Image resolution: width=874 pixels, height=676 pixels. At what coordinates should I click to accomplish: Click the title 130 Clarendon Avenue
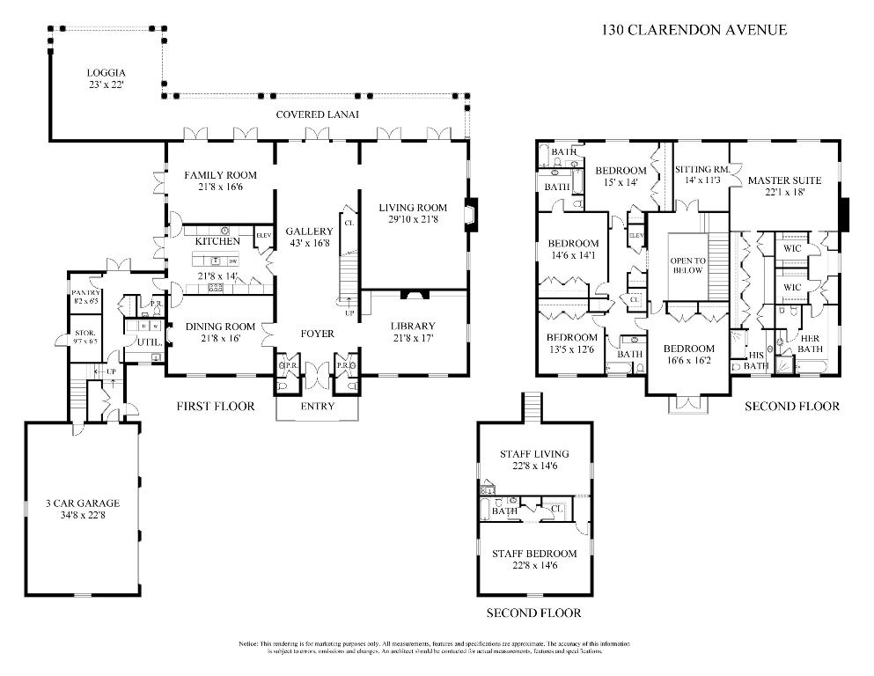(x=694, y=29)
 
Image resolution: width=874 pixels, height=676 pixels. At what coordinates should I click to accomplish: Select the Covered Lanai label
(x=317, y=114)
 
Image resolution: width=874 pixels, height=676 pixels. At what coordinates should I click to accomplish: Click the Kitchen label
(x=217, y=241)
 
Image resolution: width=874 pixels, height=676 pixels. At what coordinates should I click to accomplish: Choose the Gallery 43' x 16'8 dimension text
(x=309, y=245)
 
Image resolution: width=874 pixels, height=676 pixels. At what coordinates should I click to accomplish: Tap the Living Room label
(x=414, y=208)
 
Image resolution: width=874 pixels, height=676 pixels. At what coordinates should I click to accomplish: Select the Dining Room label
(x=220, y=326)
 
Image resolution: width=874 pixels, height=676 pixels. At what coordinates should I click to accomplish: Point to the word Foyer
(x=317, y=334)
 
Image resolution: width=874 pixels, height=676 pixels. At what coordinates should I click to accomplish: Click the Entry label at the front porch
(x=318, y=407)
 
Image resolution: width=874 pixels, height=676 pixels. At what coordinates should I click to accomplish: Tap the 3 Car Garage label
(x=82, y=503)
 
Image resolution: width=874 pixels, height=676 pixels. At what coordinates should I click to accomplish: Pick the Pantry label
(x=86, y=293)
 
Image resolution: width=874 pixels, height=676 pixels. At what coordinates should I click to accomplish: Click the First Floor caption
(x=215, y=407)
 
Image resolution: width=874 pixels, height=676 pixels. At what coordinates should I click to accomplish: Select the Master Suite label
(x=784, y=180)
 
